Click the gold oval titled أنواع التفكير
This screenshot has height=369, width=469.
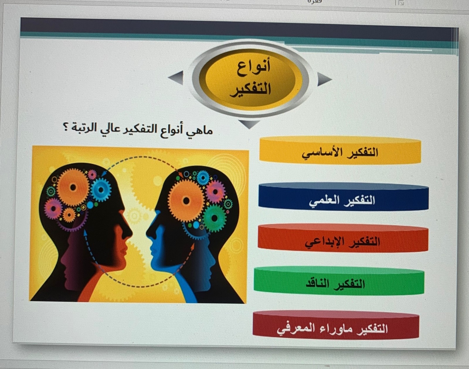point(250,79)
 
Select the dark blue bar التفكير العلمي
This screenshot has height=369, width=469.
point(343,197)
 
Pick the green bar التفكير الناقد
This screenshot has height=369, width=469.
point(339,281)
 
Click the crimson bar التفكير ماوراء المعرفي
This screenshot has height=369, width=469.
point(336,326)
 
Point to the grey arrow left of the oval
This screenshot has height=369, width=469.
point(176,78)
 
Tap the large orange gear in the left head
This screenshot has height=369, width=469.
point(73,187)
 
